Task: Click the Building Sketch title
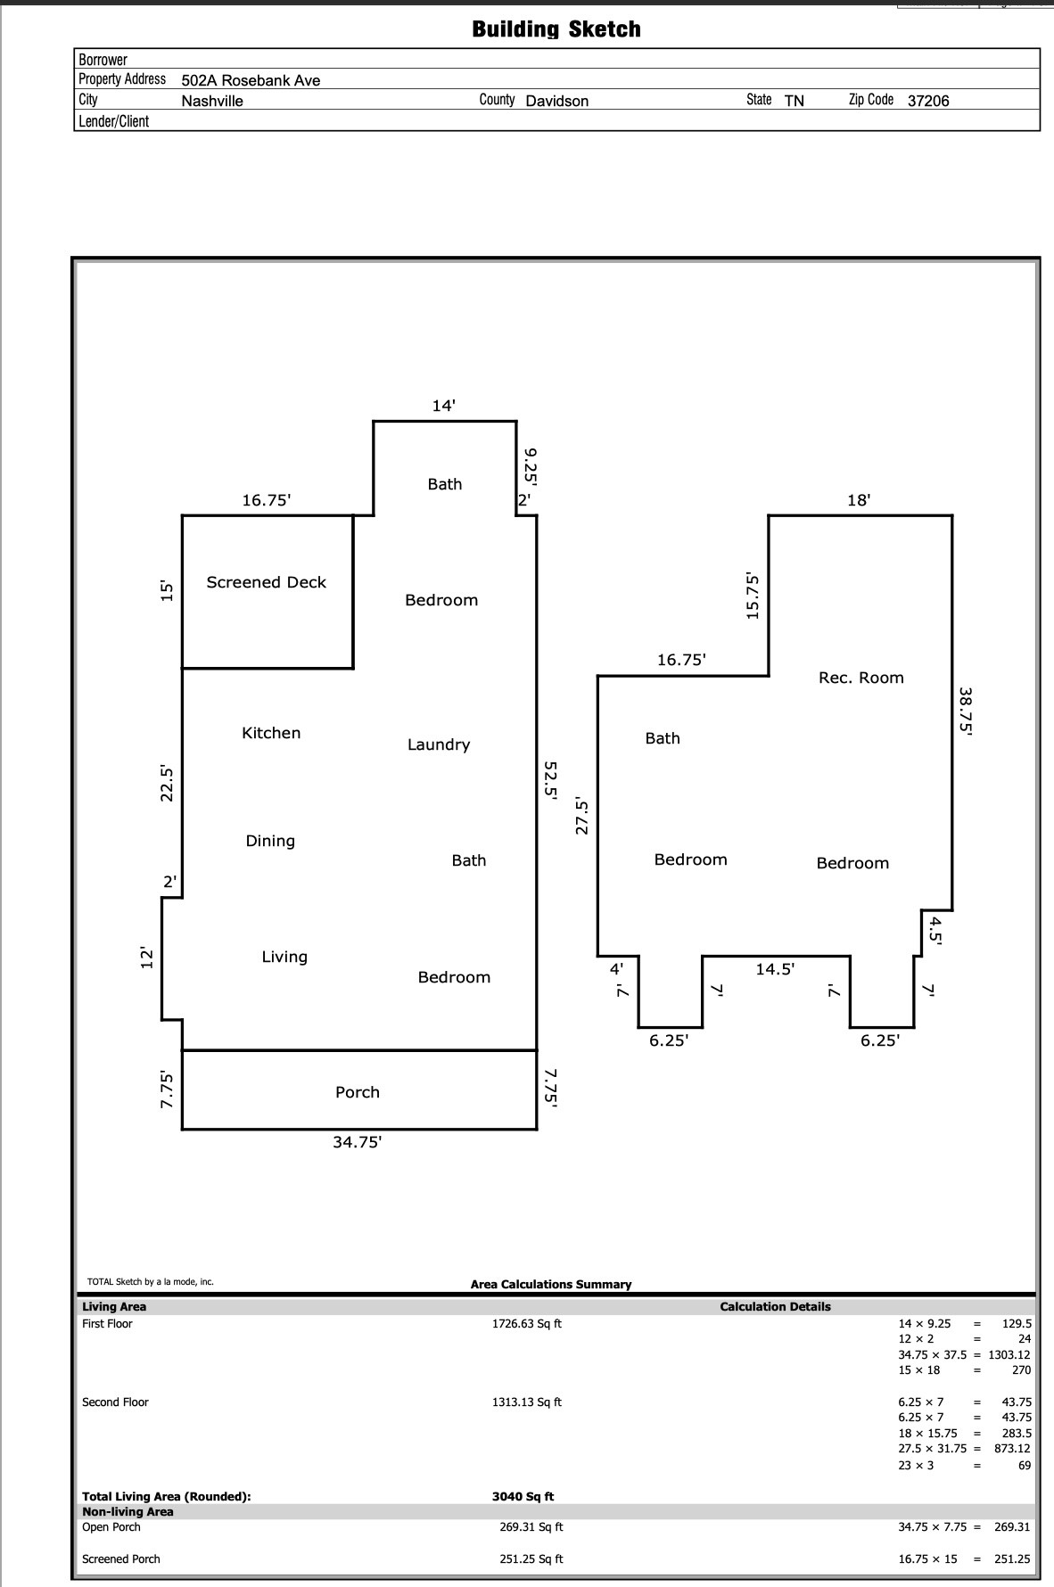[556, 29]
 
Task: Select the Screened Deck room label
[267, 582]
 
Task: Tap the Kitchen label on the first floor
[271, 733]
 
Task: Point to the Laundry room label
[439, 744]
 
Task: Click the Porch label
[358, 1092]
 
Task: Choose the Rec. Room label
[861, 678]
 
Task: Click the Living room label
[284, 957]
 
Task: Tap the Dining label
[270, 841]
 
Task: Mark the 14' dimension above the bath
[444, 406]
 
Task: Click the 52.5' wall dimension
[551, 782]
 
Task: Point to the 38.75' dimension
[966, 711]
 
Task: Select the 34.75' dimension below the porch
[358, 1142]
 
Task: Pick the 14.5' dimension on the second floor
[775, 969]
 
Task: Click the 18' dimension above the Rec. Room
[859, 500]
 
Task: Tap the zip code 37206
[928, 101]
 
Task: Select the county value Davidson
[557, 101]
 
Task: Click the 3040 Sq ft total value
[523, 1497]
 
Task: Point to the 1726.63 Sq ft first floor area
[527, 1324]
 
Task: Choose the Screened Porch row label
[121, 1559]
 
